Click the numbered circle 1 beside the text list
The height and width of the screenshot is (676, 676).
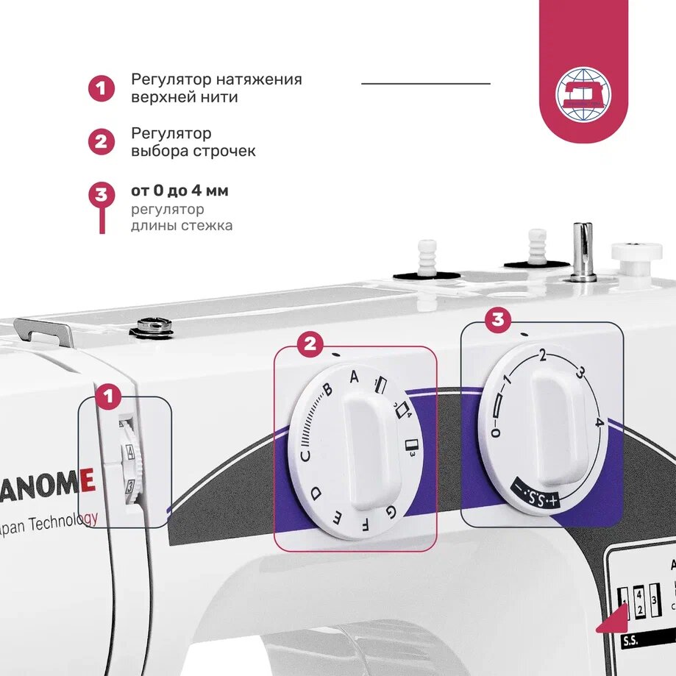tap(102, 88)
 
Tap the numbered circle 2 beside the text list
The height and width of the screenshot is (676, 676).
tap(102, 141)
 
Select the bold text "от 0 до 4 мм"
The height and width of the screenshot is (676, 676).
tap(179, 191)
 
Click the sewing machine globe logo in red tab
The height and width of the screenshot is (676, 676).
tap(583, 95)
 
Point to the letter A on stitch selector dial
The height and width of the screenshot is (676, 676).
tap(354, 377)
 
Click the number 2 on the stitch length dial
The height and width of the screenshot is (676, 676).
tap(543, 357)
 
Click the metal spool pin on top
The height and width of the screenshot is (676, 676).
tap(583, 251)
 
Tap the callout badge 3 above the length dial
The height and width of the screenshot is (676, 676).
tap(498, 319)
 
